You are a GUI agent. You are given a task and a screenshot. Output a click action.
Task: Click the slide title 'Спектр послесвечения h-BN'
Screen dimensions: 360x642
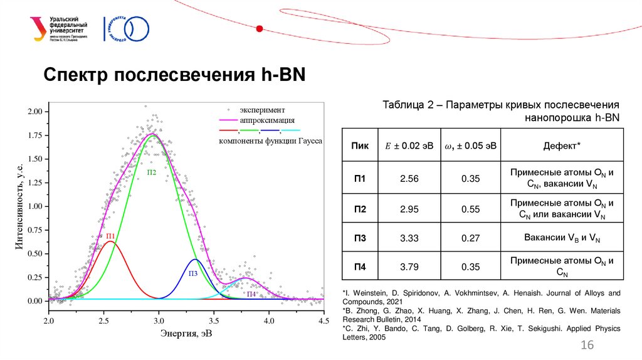pos(174,75)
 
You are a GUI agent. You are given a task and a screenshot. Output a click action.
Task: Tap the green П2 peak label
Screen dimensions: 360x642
pos(152,172)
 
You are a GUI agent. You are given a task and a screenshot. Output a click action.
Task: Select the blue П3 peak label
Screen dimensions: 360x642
pos(192,273)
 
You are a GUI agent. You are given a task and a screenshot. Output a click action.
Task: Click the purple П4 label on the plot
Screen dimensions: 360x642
pos(251,294)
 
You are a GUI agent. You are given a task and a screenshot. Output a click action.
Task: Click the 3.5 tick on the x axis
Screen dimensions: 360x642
pos(214,320)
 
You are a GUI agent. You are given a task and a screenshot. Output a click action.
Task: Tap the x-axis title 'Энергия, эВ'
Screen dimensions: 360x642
pos(186,333)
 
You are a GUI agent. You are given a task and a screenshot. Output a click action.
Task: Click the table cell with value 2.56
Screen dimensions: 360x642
pos(409,179)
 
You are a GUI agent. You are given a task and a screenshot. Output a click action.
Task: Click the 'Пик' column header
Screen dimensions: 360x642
pos(360,146)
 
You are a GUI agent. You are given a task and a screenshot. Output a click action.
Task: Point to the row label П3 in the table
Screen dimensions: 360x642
pos(360,238)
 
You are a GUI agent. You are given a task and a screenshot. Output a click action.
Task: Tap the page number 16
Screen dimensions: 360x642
pos(587,346)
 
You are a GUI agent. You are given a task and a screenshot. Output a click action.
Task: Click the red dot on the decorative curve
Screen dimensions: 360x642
pos(260,28)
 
